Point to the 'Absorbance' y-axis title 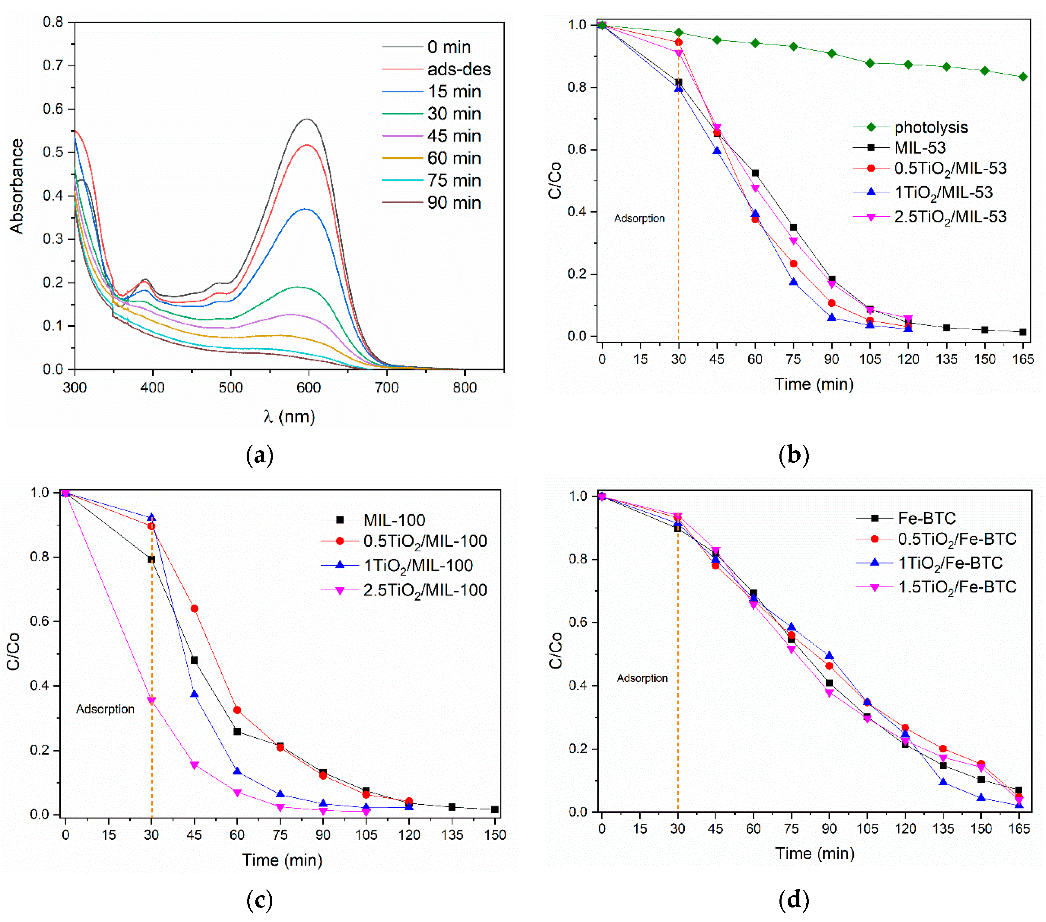(17, 186)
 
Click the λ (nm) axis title (289, 416)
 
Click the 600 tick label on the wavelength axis (309, 387)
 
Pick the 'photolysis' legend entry (910, 127)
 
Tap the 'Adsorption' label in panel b (639, 219)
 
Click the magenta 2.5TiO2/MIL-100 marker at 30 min (152, 701)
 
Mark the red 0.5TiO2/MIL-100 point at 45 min (194, 609)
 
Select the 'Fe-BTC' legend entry (906, 518)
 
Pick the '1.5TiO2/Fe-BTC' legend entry (936, 587)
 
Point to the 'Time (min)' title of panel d (815, 853)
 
